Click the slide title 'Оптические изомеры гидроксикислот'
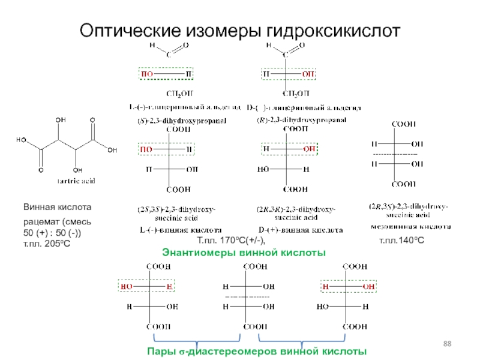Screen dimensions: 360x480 (239, 28)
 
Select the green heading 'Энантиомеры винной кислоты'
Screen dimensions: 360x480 (244, 253)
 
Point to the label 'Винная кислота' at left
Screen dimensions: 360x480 (58, 207)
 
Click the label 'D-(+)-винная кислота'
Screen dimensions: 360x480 (301, 230)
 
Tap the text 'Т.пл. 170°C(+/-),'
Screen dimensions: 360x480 (236, 241)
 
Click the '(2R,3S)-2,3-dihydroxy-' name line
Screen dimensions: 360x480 (408, 206)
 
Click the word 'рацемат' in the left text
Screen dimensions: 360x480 (40, 223)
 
